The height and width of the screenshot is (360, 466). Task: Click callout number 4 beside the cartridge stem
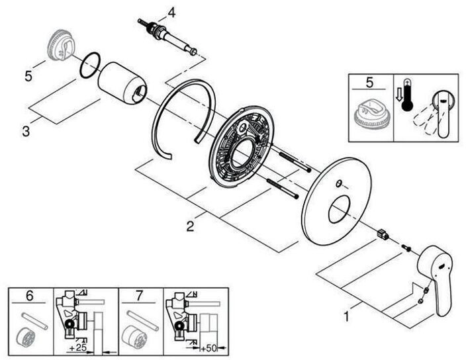tap(171, 11)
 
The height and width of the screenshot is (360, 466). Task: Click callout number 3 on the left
tap(26, 131)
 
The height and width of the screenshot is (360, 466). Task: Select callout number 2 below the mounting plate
tap(190, 226)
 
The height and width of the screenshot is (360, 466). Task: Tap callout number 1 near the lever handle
tap(344, 316)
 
